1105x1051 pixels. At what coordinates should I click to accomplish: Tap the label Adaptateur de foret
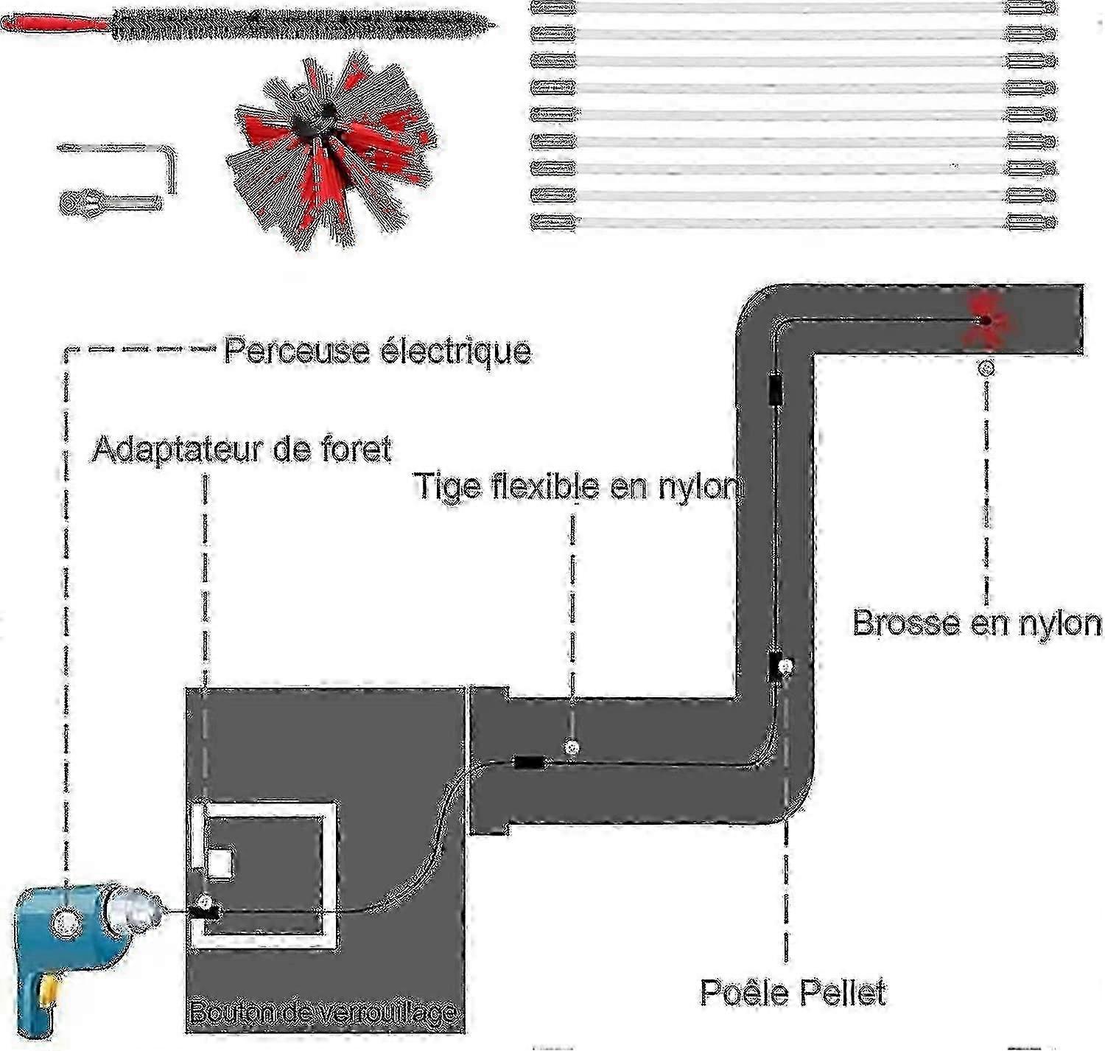point(242,448)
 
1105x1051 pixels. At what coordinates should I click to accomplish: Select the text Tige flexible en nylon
point(578,486)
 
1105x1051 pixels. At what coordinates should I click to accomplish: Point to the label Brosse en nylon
point(977,624)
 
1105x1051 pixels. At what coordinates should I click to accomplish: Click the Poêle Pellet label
point(793,992)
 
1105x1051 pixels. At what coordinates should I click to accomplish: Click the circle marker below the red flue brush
point(987,367)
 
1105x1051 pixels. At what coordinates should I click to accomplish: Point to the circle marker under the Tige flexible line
point(571,747)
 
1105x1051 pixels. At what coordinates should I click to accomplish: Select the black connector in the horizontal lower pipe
point(529,762)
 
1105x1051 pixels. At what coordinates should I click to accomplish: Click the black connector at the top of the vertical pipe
point(775,388)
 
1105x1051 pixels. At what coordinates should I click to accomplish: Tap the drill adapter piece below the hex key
point(110,200)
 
